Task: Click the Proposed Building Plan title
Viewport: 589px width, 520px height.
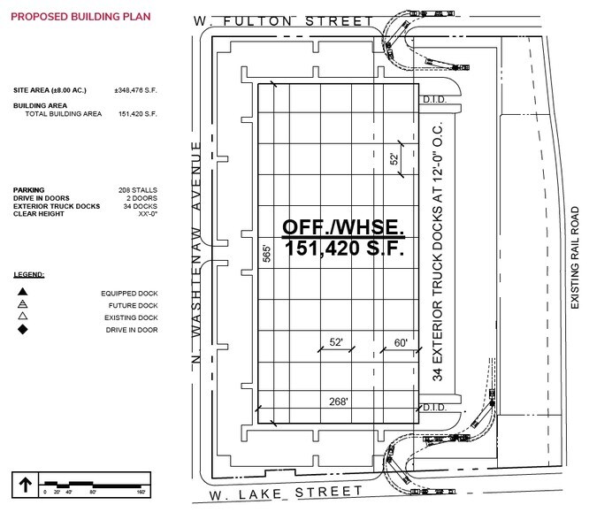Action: (80, 17)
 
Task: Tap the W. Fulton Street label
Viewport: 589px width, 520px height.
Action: (283, 21)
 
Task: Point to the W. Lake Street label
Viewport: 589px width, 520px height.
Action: (286, 493)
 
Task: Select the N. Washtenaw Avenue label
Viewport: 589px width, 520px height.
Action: (195, 252)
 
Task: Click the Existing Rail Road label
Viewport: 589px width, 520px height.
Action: (575, 257)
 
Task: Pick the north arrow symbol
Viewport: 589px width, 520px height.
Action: (25, 485)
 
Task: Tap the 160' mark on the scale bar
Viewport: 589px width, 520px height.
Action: (141, 492)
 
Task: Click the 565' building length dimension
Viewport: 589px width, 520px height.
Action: (266, 254)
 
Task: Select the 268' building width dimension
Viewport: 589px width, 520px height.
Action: (338, 401)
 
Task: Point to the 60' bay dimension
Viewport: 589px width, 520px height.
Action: (401, 342)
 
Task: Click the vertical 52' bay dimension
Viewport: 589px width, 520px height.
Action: (394, 159)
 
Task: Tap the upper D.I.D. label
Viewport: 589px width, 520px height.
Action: (434, 100)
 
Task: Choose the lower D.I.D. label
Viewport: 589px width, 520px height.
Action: (434, 408)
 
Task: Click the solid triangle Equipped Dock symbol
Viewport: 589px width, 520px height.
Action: (22, 291)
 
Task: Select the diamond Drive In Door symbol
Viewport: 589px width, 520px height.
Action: (23, 330)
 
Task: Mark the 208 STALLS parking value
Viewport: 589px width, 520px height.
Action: (138, 190)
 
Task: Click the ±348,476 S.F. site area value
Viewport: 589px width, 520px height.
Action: (135, 90)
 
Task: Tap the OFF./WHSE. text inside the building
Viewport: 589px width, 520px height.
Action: (343, 227)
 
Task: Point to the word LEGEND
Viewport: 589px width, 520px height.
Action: (29, 275)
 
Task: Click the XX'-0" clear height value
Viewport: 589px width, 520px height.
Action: (148, 214)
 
